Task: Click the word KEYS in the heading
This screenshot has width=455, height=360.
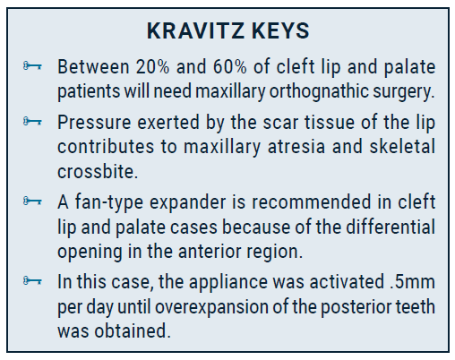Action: [x=280, y=30]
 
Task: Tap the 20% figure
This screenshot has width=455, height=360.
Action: [x=152, y=66]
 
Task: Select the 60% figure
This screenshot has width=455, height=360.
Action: [x=230, y=66]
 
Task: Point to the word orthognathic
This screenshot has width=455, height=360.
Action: [x=319, y=91]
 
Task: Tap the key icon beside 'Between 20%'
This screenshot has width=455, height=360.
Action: [x=32, y=66]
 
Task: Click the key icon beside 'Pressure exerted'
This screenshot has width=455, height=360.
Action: [x=32, y=121]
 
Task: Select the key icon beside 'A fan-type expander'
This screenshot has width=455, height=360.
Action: [x=32, y=201]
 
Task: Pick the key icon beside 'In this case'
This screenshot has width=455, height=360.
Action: [x=32, y=280]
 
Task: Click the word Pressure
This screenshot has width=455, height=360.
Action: [x=94, y=123]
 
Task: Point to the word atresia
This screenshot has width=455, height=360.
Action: [x=296, y=147]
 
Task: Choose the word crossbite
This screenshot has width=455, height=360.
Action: [x=98, y=171]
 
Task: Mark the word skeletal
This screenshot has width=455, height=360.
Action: [x=402, y=147]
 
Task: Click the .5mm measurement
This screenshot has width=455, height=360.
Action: [x=412, y=281]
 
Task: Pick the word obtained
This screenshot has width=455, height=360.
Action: [x=133, y=330]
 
